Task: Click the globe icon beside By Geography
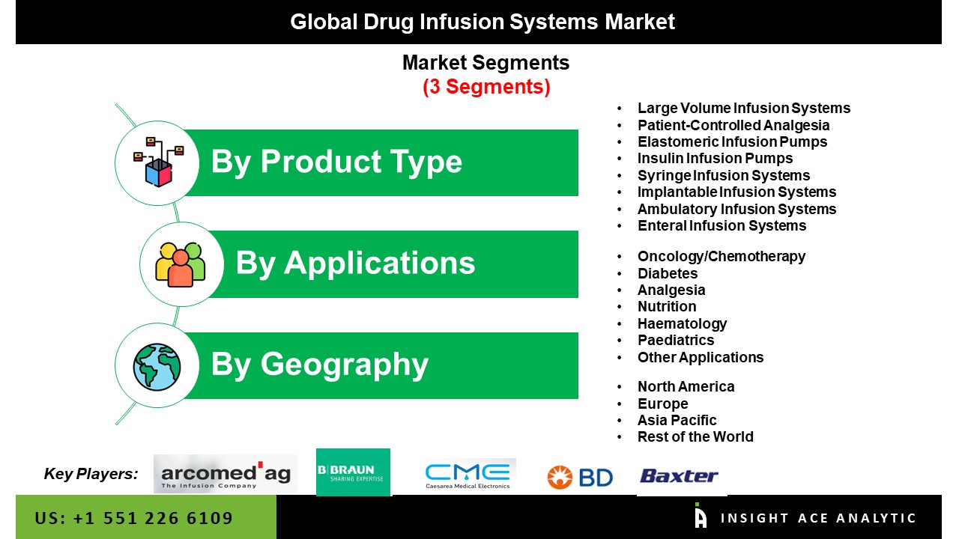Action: click(157, 367)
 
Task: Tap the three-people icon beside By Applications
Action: click(181, 265)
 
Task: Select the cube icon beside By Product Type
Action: click(158, 162)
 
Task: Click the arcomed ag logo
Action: click(226, 474)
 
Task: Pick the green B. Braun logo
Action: click(353, 472)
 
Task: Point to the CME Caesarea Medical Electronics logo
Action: click(468, 474)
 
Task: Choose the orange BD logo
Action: click(580, 477)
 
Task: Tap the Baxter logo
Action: click(679, 475)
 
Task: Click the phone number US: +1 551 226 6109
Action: click(134, 518)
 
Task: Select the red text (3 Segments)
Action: click(486, 86)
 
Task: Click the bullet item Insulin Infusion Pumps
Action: click(715, 158)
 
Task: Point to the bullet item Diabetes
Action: click(668, 273)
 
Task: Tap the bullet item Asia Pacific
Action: click(677, 420)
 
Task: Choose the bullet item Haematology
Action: click(682, 324)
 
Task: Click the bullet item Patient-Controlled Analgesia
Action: click(733, 125)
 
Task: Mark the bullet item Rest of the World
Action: click(695, 436)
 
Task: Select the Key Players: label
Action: click(91, 474)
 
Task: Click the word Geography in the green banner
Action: click(344, 365)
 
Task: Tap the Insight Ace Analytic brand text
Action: click(817, 518)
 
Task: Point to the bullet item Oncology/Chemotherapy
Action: click(721, 256)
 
